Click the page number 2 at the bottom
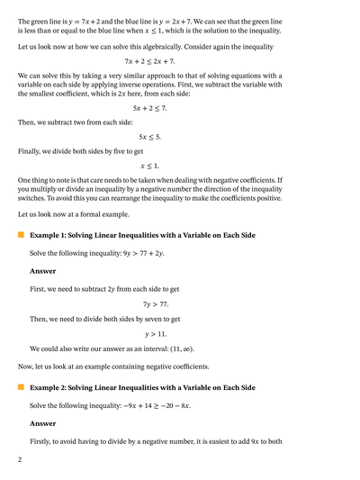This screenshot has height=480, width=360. click(20, 460)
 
